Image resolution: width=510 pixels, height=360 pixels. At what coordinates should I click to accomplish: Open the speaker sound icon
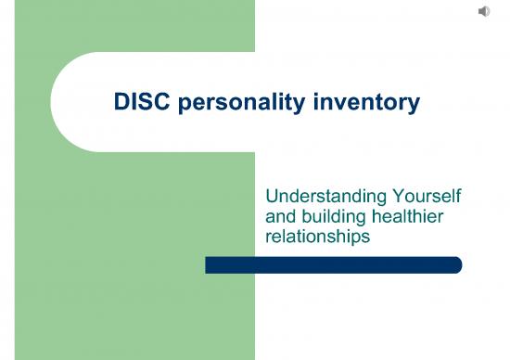point(484,11)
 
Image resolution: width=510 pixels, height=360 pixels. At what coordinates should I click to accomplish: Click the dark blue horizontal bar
point(333,265)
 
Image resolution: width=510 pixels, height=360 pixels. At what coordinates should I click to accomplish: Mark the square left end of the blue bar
point(209,265)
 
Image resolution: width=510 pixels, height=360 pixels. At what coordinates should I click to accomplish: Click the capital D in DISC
point(121,103)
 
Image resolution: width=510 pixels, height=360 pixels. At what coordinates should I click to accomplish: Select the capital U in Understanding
point(272,197)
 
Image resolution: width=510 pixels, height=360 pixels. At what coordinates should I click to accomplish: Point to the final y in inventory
point(414,105)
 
